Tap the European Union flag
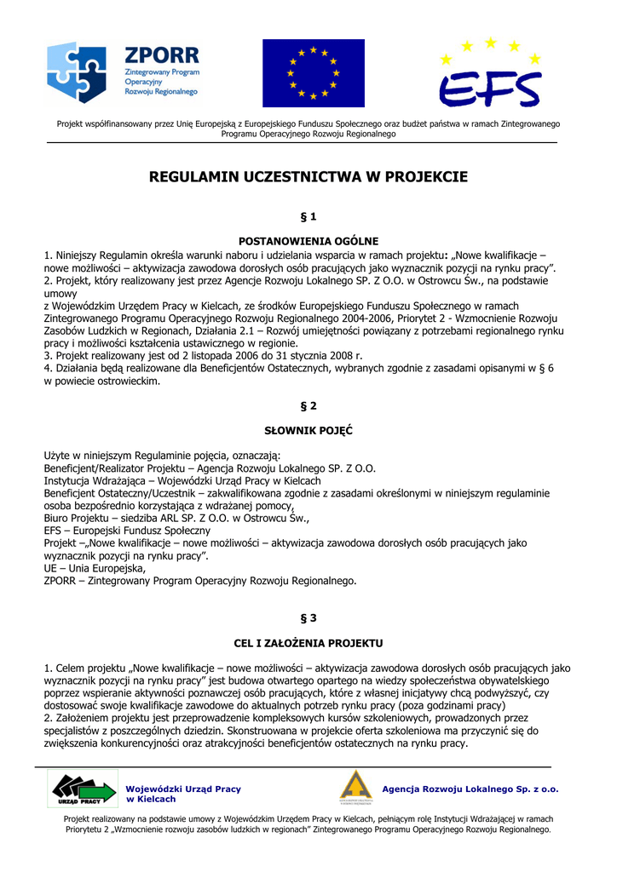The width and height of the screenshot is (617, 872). click(x=313, y=72)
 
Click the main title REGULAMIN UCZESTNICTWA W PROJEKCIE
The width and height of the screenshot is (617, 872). click(x=308, y=177)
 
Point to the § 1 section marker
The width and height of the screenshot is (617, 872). click(x=308, y=216)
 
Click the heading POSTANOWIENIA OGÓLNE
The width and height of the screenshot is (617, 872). click(x=308, y=241)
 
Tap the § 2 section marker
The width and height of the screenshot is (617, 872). click(x=308, y=406)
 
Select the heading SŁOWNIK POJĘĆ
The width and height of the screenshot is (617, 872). click(x=308, y=431)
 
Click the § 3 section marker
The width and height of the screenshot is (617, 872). click(x=308, y=617)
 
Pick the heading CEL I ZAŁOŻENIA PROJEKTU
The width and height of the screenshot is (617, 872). click(x=308, y=642)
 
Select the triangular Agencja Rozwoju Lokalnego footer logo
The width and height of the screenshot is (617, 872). click(x=356, y=788)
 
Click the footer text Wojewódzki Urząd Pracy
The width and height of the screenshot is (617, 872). click(x=183, y=789)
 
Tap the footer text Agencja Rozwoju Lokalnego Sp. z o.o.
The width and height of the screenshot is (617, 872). click(x=470, y=789)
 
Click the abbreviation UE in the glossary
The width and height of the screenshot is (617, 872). click(x=50, y=568)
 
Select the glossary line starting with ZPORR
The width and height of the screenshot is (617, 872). click(x=200, y=581)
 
